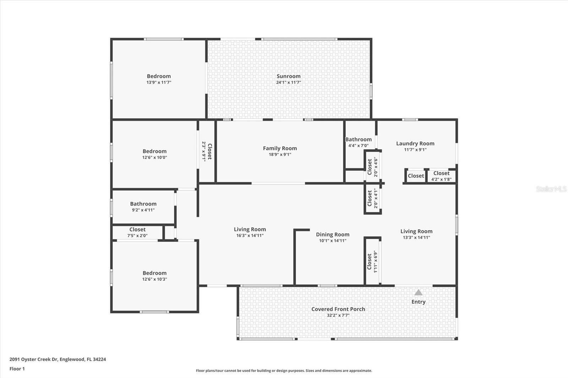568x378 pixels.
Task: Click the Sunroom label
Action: click(288, 76)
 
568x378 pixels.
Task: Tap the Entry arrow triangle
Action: click(418, 293)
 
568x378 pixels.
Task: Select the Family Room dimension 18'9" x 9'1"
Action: click(280, 155)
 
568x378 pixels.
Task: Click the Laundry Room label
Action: click(415, 144)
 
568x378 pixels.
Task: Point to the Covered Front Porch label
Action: click(338, 309)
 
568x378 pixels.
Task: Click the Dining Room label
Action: click(332, 234)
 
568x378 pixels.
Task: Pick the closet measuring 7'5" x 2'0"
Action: click(137, 232)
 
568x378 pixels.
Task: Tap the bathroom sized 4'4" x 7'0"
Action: click(358, 142)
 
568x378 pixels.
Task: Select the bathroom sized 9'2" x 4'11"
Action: click(143, 206)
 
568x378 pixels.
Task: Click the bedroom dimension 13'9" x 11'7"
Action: click(159, 82)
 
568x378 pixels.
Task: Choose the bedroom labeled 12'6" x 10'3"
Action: click(154, 276)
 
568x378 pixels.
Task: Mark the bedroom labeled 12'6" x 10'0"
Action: click(154, 154)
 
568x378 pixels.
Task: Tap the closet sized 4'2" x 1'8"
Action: click(441, 176)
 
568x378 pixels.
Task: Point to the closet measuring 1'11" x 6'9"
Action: click(372, 261)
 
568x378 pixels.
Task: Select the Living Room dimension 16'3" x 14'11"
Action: click(250, 235)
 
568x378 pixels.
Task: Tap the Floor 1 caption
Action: click(17, 369)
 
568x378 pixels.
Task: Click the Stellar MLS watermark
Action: click(551, 189)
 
